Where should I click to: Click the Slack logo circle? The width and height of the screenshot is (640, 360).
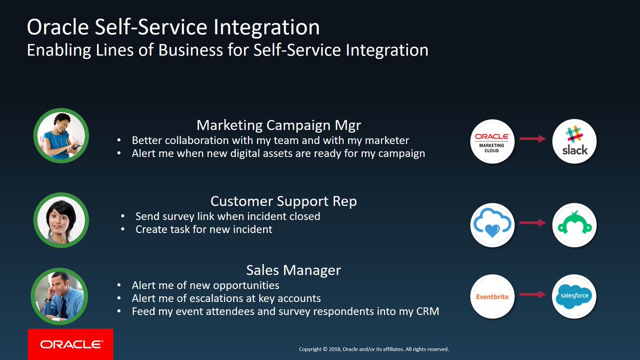pyautogui.click(x=574, y=140)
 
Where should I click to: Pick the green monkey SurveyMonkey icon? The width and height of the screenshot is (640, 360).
pyautogui.click(x=574, y=224)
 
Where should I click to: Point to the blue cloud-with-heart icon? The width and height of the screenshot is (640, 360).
pyautogui.click(x=492, y=224)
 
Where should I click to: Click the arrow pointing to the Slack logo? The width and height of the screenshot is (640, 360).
pyautogui.click(x=533, y=139)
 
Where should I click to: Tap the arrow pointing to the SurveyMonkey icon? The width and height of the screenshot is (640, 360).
pyautogui.click(x=533, y=223)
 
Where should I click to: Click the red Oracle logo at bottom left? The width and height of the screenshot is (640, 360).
pyautogui.click(x=70, y=344)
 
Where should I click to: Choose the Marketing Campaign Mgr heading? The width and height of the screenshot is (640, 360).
pyautogui.click(x=279, y=125)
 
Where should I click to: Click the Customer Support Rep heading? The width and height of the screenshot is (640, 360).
pyautogui.click(x=283, y=201)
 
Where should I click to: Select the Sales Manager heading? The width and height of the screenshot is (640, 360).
pyautogui.click(x=293, y=270)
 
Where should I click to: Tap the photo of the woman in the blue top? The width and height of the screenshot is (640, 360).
pyautogui.click(x=61, y=136)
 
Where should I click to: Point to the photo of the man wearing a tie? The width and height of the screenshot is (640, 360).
pyautogui.click(x=61, y=295)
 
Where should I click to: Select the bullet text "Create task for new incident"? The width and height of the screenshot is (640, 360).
pyautogui.click(x=204, y=229)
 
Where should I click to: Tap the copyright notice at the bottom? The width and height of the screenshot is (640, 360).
pyautogui.click(x=374, y=349)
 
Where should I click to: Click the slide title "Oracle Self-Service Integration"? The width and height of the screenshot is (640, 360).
pyautogui.click(x=173, y=27)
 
